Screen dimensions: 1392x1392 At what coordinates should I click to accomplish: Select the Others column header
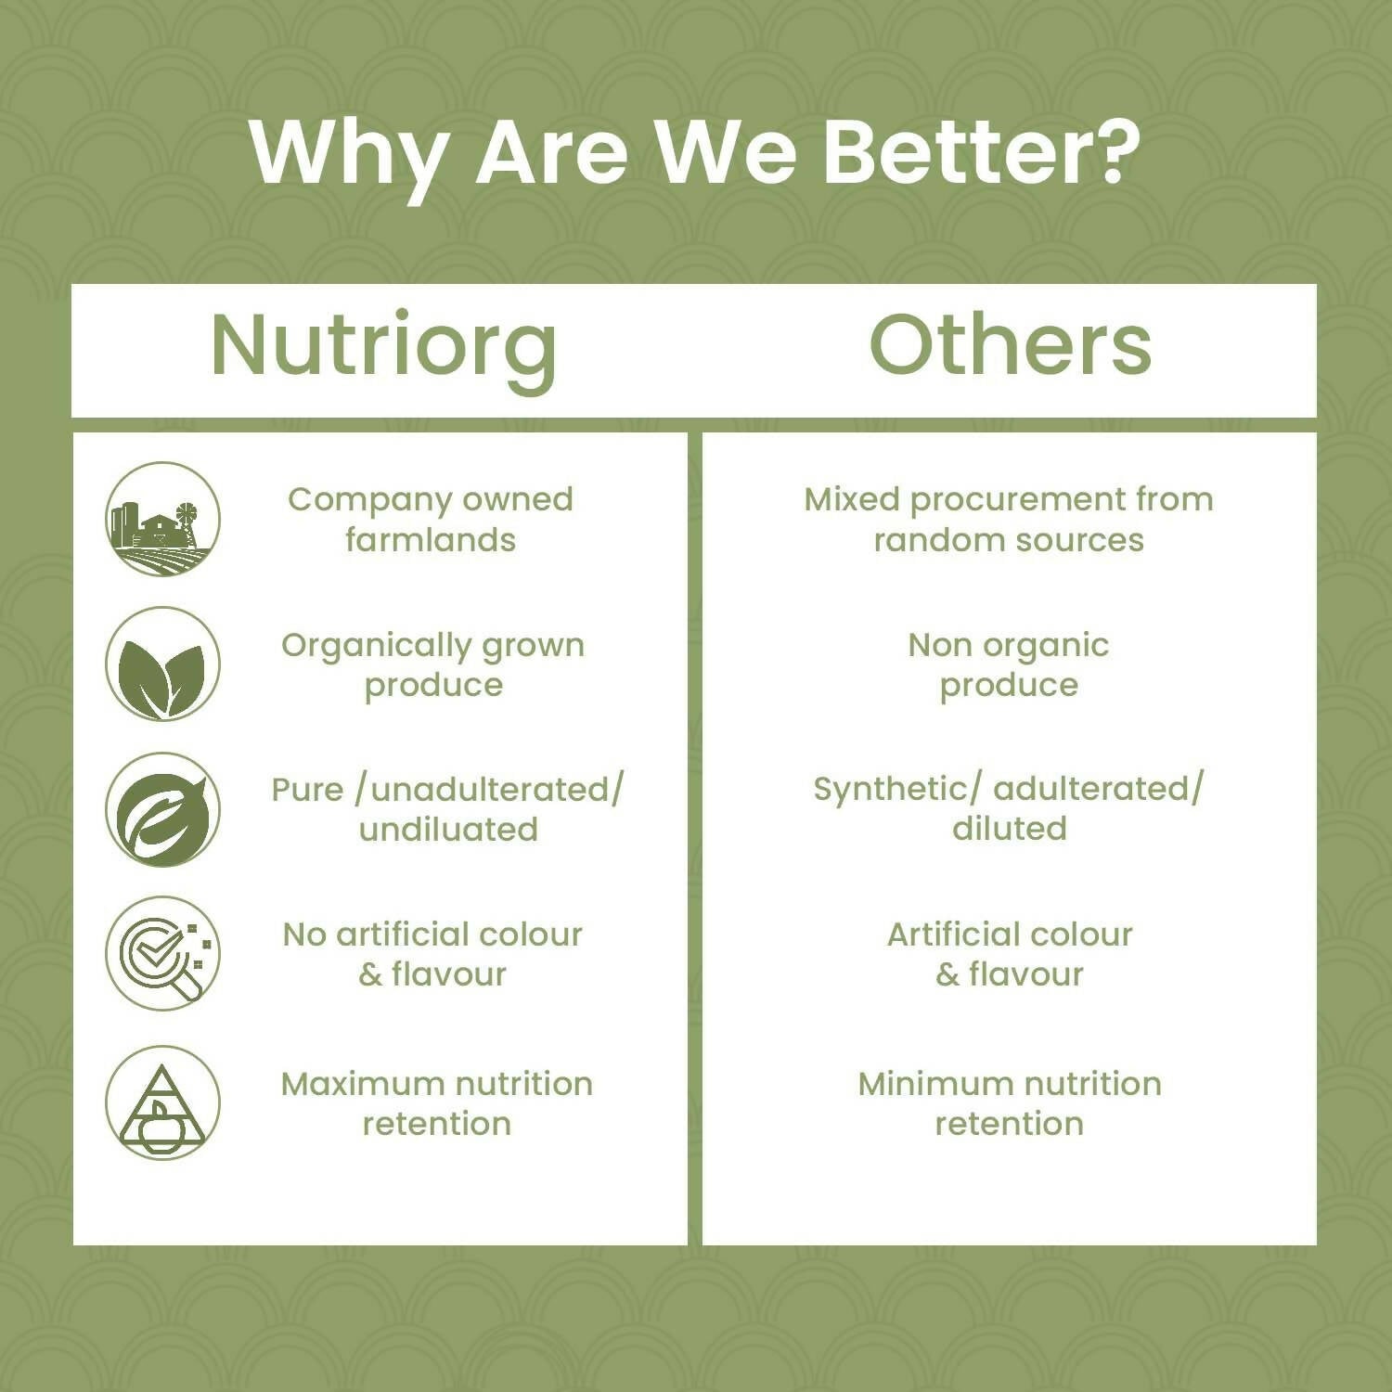1010,344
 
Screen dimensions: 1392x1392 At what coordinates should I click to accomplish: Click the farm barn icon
162,519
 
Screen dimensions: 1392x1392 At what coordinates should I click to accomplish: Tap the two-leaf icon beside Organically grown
162,664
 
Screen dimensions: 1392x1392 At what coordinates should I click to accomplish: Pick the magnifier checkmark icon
162,953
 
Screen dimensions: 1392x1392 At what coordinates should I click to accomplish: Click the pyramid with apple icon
162,1103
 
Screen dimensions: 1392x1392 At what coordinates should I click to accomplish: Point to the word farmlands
431,539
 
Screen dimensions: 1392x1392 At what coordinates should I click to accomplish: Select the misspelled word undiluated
448,829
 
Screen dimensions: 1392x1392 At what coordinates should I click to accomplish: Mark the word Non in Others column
939,645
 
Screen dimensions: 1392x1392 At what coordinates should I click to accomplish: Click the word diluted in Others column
1009,828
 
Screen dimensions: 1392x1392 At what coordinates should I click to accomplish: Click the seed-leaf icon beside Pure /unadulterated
162,809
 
